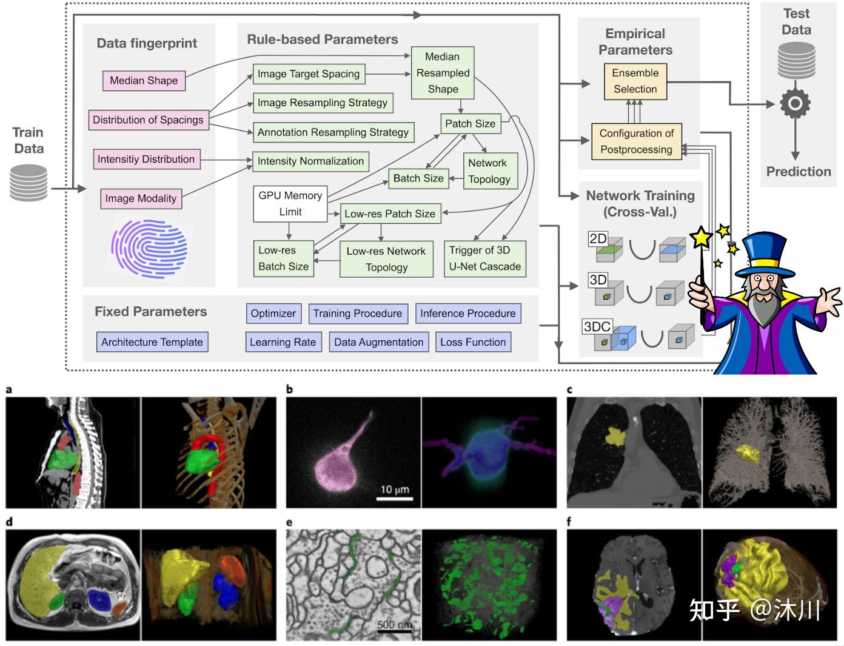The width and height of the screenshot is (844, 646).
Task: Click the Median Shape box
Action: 144,81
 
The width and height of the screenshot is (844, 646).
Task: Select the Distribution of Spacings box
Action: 149,120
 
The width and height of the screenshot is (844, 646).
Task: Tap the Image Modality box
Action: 141,198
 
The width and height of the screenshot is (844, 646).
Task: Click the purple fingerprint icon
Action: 149,249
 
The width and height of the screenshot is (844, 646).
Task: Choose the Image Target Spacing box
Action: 309,74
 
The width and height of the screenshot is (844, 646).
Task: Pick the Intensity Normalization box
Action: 310,161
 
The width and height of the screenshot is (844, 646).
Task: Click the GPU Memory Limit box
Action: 290,204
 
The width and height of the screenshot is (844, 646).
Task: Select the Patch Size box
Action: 471,124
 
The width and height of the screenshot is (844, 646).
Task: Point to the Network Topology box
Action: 491,171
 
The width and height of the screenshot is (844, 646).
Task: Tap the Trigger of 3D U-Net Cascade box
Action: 485,259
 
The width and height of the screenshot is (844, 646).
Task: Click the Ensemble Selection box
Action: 635,81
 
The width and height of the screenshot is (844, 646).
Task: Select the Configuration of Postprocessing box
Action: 637,141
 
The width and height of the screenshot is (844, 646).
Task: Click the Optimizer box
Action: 273,314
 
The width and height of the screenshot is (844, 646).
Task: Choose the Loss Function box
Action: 473,342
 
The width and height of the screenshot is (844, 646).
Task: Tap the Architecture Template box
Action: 152,342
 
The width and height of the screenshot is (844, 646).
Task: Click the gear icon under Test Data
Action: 795,104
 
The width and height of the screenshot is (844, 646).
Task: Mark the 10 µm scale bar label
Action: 395,490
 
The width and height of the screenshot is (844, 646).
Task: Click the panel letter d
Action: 9,522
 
